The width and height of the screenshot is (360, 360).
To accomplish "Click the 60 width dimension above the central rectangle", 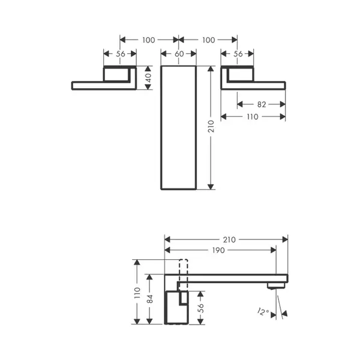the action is tap(179, 54).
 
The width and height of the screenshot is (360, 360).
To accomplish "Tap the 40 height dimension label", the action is tap(149, 78).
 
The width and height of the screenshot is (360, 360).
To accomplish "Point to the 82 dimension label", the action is tap(262, 104).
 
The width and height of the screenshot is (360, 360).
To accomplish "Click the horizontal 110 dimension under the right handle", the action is tap(253, 116).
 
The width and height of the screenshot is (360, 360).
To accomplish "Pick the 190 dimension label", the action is tap(218, 250).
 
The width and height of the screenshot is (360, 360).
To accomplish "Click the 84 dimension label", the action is tap(149, 299).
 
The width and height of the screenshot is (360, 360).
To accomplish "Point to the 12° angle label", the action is tap(263, 312).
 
